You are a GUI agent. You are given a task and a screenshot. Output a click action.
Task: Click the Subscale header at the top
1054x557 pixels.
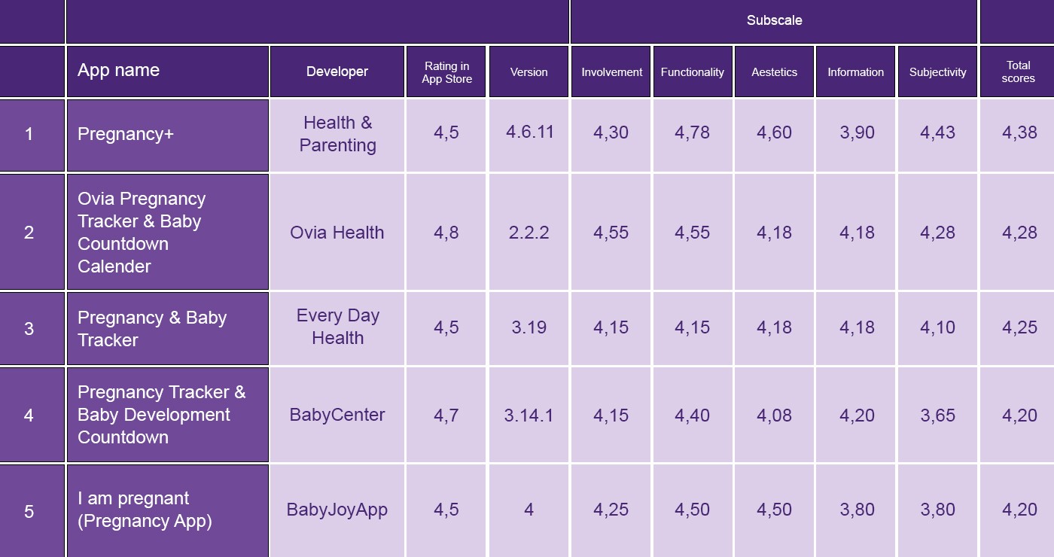[774, 20]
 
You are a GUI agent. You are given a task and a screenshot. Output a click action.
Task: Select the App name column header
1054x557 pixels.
[118, 71]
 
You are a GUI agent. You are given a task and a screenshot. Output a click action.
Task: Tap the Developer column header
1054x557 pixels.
[337, 72]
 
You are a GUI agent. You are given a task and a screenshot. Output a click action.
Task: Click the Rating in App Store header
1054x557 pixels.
[446, 72]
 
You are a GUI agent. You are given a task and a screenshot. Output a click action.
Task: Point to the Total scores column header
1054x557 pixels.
[1018, 72]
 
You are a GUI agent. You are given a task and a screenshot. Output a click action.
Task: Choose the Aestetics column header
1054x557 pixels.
[774, 72]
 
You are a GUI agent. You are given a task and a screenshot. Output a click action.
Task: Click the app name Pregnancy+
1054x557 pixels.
[126, 134]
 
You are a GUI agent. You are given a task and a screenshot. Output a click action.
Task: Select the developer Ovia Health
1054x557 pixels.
[337, 233]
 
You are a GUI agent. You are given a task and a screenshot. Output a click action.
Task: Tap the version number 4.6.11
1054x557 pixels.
[529, 132]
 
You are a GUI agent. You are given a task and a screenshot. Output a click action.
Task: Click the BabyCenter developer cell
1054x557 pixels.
[337, 415]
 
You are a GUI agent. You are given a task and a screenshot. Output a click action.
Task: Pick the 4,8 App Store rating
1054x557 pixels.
[446, 233]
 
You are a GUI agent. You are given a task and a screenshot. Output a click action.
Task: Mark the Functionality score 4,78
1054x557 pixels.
[692, 133]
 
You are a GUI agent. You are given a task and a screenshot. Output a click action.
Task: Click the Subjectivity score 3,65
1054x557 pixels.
[937, 415]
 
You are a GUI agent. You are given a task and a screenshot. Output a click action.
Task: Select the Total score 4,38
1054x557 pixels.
[1019, 133]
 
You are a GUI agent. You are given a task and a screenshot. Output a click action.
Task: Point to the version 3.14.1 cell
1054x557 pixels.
[529, 415]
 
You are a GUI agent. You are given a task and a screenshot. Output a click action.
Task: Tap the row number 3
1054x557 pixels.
[29, 329]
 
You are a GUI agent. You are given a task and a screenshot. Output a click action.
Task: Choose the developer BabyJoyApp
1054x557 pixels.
[337, 510]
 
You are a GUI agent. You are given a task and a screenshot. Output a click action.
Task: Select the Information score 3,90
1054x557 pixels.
[857, 133]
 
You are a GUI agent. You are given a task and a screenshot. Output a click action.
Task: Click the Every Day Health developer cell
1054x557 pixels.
[337, 327]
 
